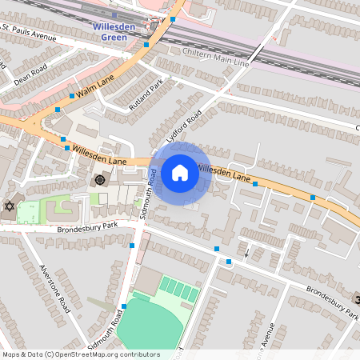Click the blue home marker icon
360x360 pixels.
(x=180, y=173)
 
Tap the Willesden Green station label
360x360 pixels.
(x=119, y=31)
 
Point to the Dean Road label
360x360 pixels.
(x=30, y=70)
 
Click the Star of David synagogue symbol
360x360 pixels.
(x=10, y=207)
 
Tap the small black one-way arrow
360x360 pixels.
(x=246, y=254)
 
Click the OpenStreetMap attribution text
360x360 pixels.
(x=81, y=354)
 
